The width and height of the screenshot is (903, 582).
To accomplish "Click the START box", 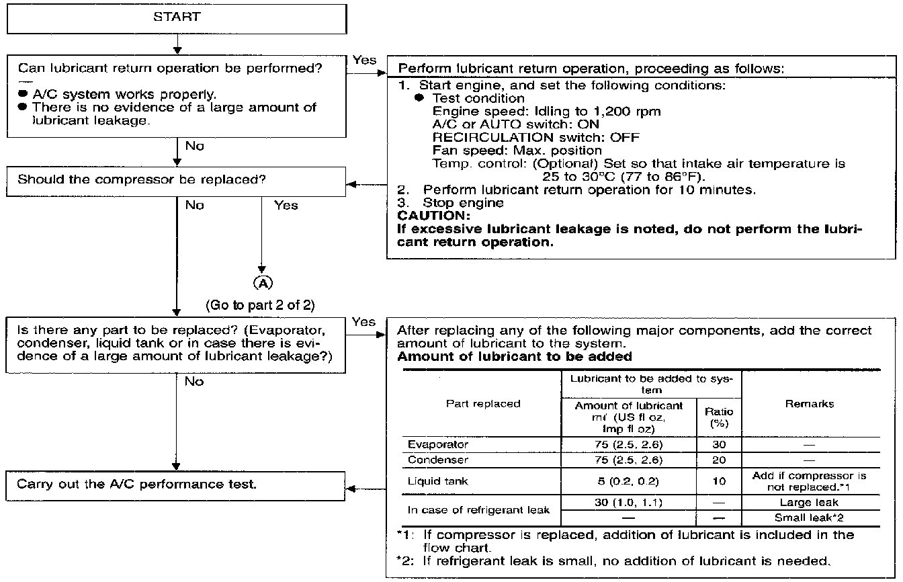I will pos(177,17).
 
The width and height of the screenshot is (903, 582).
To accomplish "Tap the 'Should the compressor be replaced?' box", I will pos(177,180).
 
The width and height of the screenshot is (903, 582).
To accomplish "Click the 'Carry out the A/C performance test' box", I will pos(177,484).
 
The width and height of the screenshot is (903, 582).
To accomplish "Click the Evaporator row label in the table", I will pos(438,445).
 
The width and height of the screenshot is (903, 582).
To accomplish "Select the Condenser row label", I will pos(438,460).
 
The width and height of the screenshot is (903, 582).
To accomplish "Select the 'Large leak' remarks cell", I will pos(810,502).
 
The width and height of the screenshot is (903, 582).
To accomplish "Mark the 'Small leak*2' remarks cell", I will pos(810,517).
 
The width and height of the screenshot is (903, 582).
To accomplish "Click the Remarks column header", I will pos(809,404).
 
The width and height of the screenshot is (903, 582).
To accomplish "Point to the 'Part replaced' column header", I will pos(483,404).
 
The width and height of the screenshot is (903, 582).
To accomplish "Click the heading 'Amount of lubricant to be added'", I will pos(515,356).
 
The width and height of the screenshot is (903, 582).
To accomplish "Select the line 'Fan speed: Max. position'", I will pos(517,150).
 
